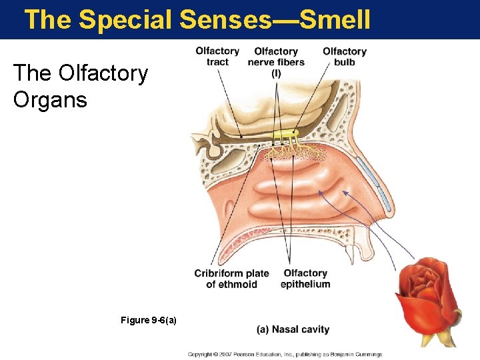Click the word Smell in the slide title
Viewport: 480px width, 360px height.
pyautogui.click(x=335, y=20)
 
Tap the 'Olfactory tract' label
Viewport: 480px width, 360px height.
pyautogui.click(x=217, y=57)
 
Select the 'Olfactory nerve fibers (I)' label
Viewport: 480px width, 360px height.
pyautogui.click(x=276, y=62)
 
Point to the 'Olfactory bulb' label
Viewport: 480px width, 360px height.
pyautogui.click(x=345, y=57)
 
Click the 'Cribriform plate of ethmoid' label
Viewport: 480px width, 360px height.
pyautogui.click(x=231, y=279)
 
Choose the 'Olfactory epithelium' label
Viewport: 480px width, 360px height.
pyautogui.click(x=305, y=279)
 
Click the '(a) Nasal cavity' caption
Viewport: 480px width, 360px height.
pyautogui.click(x=293, y=329)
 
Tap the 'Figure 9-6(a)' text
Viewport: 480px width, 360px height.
pyautogui.click(x=149, y=321)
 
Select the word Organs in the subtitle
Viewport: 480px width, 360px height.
pyautogui.click(x=50, y=100)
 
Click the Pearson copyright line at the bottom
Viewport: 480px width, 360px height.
pyautogui.click(x=285, y=354)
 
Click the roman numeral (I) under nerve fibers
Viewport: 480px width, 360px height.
pyautogui.click(x=276, y=73)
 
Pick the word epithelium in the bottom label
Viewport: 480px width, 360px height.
pyautogui.click(x=305, y=285)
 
